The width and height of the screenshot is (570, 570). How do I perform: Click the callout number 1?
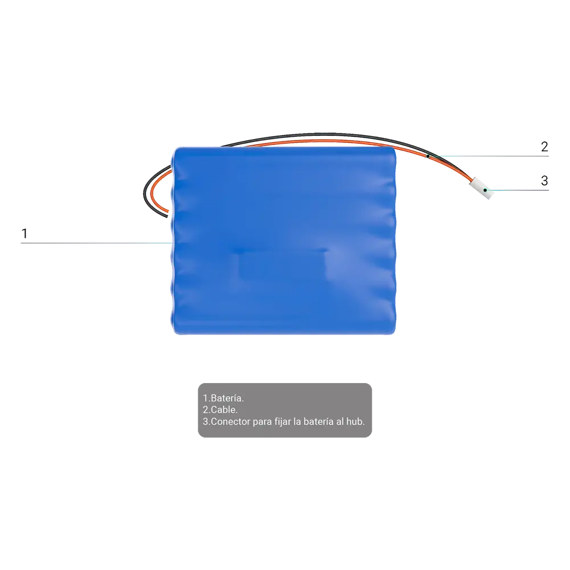[x=25, y=233]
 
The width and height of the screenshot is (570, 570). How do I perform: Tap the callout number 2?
[x=544, y=146]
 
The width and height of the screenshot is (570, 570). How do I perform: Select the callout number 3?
[x=544, y=181]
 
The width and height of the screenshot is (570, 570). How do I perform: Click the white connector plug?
[x=482, y=188]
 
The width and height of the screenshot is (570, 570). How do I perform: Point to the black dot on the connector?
[x=485, y=190]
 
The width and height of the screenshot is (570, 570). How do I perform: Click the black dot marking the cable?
[x=428, y=156]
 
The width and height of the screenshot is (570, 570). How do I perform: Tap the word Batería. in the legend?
[x=227, y=398]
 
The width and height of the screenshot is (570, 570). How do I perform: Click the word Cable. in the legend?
[x=224, y=410]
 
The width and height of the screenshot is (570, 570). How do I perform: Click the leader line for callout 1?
[x=96, y=243]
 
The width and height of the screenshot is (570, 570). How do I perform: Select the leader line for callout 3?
[x=517, y=190]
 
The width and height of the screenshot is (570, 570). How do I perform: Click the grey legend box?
[x=284, y=410]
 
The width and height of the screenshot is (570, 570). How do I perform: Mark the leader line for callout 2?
[x=488, y=156]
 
